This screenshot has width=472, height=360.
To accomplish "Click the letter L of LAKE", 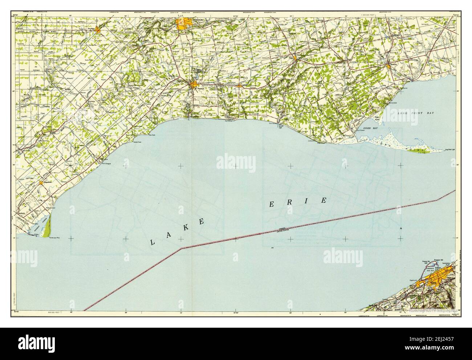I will (x=153, y=243).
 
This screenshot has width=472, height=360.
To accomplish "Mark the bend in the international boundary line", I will (x=182, y=248).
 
